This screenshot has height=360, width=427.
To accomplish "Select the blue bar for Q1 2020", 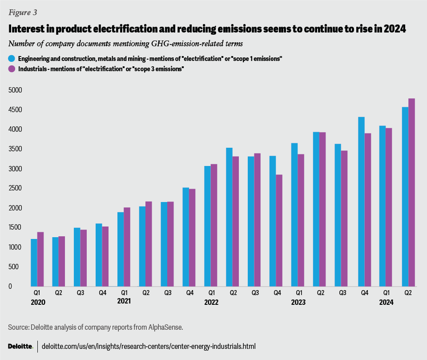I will point(34,263).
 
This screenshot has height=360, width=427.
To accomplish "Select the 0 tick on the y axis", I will point(20,286).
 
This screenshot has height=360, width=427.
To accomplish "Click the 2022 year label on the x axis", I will point(211,302).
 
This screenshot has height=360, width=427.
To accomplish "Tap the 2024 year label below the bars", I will point(386,302).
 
